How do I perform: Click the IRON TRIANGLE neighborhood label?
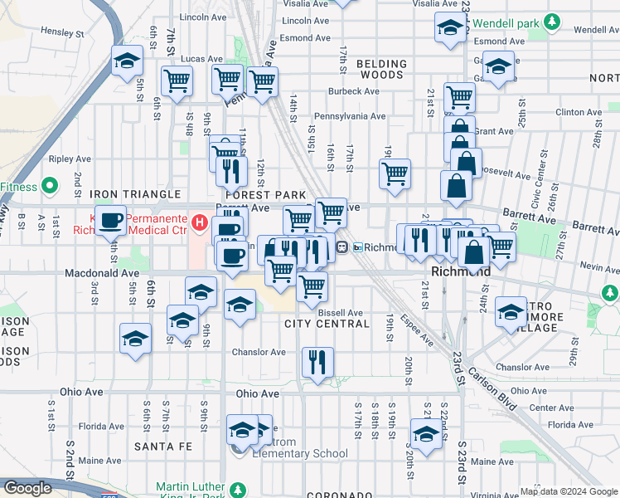(135, 194)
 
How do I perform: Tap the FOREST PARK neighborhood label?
(261, 194)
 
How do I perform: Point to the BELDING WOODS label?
(382, 69)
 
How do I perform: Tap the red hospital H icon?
(199, 222)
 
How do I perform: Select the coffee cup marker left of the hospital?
(110, 221)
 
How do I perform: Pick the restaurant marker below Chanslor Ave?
(317, 361)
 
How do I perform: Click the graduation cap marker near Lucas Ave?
(128, 61)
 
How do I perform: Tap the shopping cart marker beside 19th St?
(395, 173)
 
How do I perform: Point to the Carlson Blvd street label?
(496, 390)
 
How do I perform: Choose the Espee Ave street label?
(416, 330)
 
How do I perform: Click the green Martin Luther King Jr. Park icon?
(238, 490)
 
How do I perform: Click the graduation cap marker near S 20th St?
(426, 434)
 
